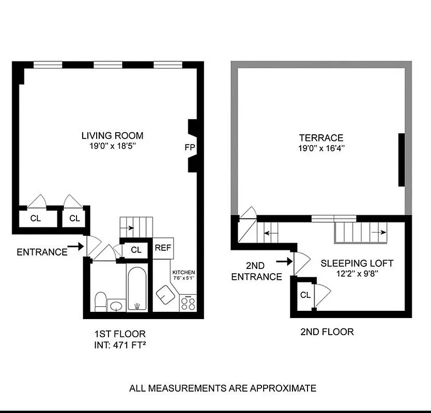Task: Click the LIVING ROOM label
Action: [112, 136]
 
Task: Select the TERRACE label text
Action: [321, 138]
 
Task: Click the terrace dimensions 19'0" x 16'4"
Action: [321, 148]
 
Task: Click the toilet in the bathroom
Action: [101, 300]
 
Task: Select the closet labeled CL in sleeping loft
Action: [305, 295]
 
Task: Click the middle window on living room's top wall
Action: [108, 65]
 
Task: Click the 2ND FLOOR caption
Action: [327, 332]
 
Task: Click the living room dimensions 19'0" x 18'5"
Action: [112, 146]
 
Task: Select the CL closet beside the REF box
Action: [136, 250]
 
